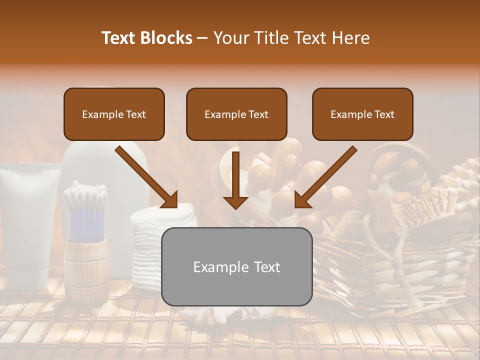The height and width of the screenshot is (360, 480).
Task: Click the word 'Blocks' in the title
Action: [x=166, y=38]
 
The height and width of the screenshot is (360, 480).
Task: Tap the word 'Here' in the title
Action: [x=352, y=38]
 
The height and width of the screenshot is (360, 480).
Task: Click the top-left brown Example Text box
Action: [x=114, y=114]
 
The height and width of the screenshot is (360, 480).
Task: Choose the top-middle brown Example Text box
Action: [x=236, y=114]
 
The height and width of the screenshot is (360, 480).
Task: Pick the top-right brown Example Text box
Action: [x=362, y=114]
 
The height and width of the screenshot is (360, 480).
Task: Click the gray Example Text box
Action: [x=236, y=266]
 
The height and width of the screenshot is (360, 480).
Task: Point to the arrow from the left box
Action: [x=147, y=177]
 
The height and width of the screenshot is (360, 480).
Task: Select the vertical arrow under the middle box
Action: [x=235, y=180]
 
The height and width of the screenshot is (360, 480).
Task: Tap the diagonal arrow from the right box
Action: [x=325, y=177]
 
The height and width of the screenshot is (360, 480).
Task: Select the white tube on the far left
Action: [x=25, y=225]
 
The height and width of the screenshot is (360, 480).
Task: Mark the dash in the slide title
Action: [x=202, y=38]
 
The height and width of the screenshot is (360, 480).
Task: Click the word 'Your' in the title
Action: [x=230, y=38]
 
